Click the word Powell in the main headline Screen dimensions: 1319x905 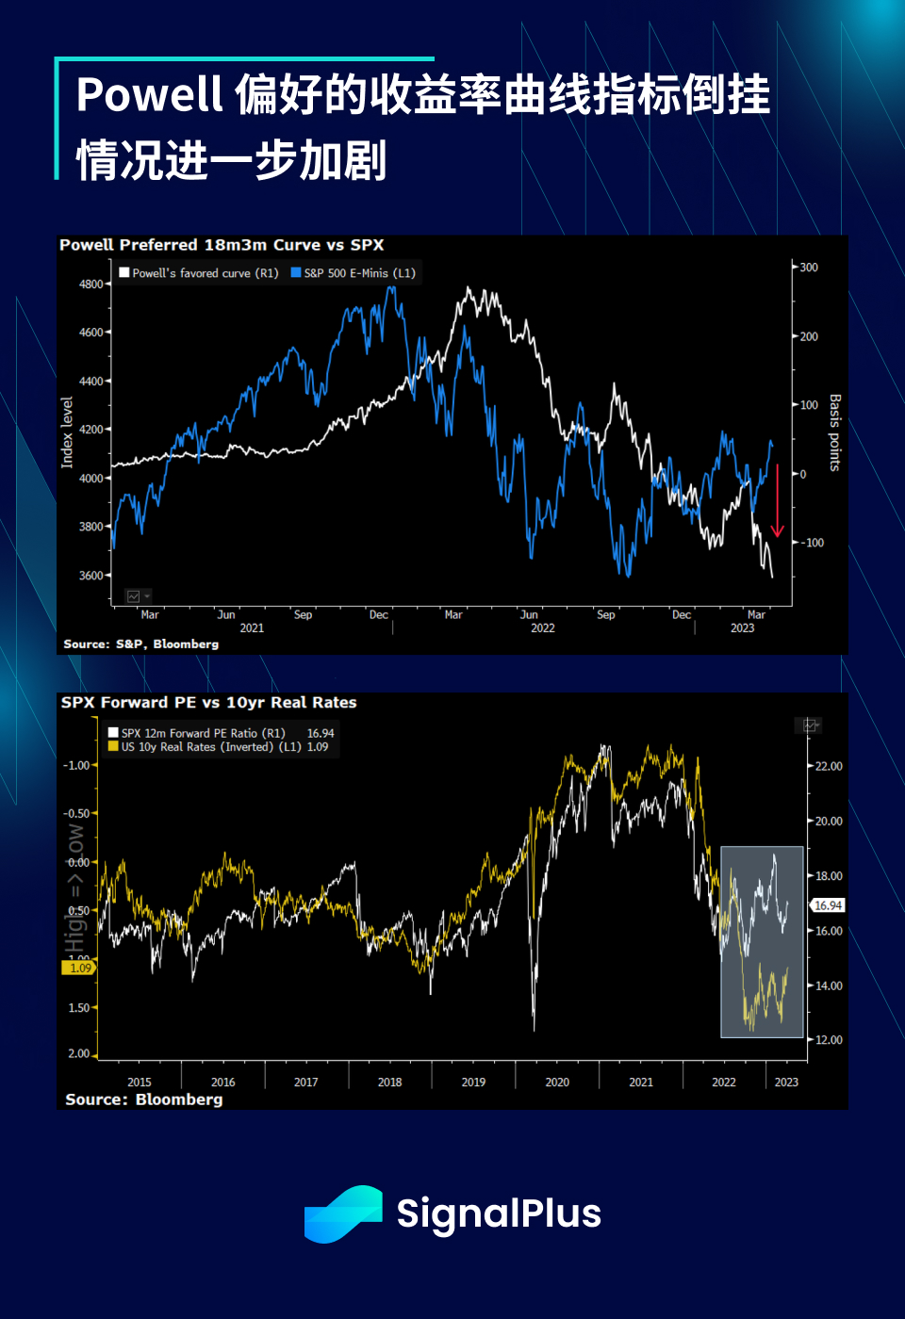[149, 95]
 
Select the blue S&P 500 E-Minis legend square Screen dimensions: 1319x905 [296, 273]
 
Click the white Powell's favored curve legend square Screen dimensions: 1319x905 [124, 273]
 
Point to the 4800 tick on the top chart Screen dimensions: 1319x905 [91, 284]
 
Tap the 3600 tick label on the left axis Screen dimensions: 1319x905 [91, 576]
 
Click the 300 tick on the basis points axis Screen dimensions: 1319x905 [809, 268]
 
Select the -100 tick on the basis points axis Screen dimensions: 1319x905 [813, 543]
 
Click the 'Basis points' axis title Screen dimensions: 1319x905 [834, 432]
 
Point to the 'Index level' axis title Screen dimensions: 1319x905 [67, 432]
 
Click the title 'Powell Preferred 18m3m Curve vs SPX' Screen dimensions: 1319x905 [222, 245]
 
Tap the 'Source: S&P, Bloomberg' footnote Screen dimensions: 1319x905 [140, 644]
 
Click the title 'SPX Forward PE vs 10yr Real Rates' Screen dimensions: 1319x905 [208, 703]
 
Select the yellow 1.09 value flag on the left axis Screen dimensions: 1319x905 [80, 968]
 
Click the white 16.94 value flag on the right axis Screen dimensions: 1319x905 [828, 905]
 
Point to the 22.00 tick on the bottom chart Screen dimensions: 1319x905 [829, 767]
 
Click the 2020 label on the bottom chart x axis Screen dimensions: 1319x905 [557, 1083]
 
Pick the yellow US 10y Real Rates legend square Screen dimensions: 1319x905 [113, 746]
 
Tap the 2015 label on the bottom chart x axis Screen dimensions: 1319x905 [140, 1083]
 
